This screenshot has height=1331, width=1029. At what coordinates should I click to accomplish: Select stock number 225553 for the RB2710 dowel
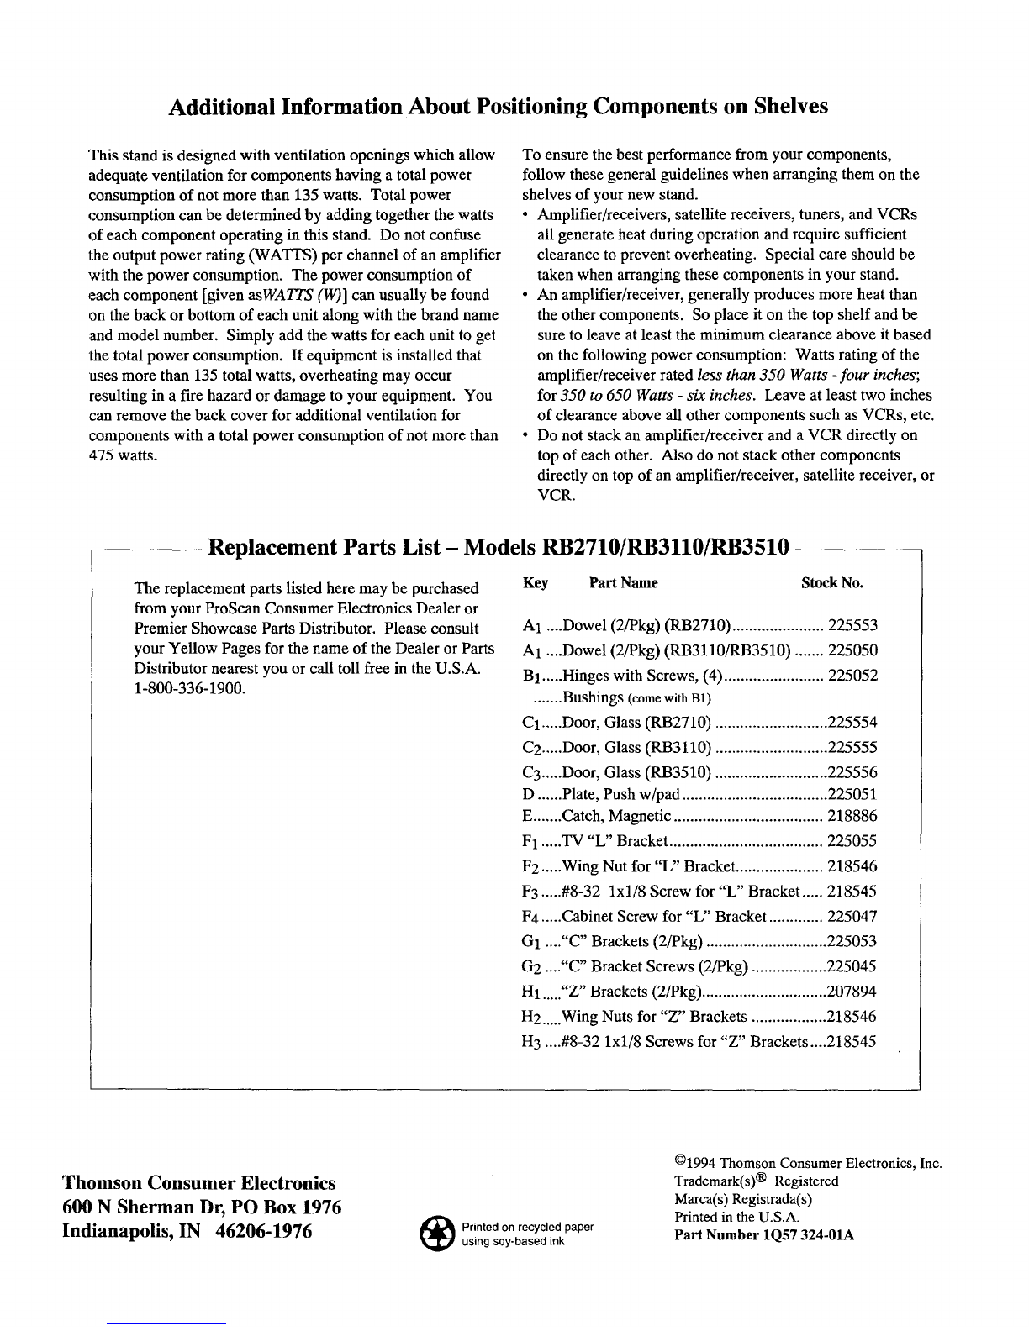point(852,625)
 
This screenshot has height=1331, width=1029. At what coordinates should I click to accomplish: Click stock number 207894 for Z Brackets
point(852,992)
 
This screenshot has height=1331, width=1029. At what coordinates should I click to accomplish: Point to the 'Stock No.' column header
point(831,583)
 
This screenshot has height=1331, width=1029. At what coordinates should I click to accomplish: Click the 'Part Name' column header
point(623,583)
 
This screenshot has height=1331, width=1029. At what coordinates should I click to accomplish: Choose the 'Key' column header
point(536,583)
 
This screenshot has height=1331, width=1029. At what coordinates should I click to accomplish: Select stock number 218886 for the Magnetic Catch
point(852,816)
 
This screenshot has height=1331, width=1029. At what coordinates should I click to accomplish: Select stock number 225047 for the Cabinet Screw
point(852,917)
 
